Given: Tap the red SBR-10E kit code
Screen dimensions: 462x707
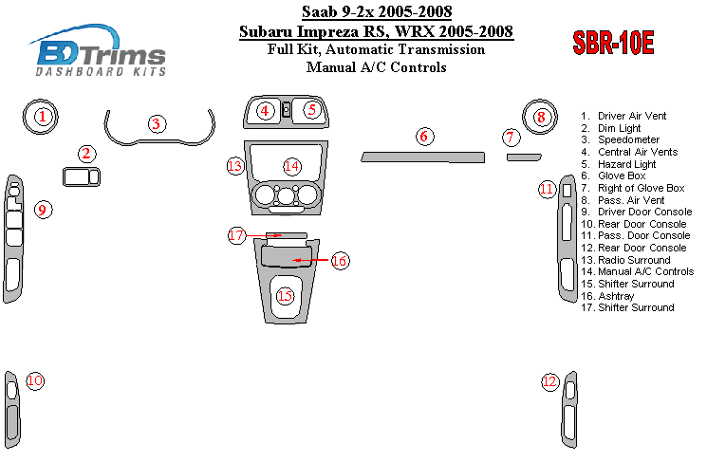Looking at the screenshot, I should [613, 43].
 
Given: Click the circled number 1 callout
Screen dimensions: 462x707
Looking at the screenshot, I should [43, 118].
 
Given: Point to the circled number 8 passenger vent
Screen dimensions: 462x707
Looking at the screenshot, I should [541, 118].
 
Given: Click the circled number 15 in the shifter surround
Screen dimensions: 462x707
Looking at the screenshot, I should [285, 296].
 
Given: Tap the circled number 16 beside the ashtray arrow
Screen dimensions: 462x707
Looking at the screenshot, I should [339, 259].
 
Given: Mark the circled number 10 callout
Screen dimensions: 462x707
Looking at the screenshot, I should [35, 381].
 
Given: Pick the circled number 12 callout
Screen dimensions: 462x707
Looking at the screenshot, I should [550, 381].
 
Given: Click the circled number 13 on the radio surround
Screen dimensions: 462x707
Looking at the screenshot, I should [234, 167].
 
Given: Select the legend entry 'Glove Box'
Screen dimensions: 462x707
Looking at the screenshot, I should [622, 176].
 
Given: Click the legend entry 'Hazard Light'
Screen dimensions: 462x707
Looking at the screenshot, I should [626, 164].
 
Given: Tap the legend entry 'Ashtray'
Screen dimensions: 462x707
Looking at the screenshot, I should [616, 296].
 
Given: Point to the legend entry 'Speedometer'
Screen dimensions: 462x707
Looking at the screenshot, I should [628, 139].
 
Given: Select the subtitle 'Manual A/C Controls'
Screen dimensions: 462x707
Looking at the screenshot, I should [376, 67].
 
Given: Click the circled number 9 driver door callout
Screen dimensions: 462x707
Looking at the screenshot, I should [43, 209].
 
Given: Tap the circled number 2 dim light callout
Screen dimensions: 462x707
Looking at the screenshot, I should [86, 154].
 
